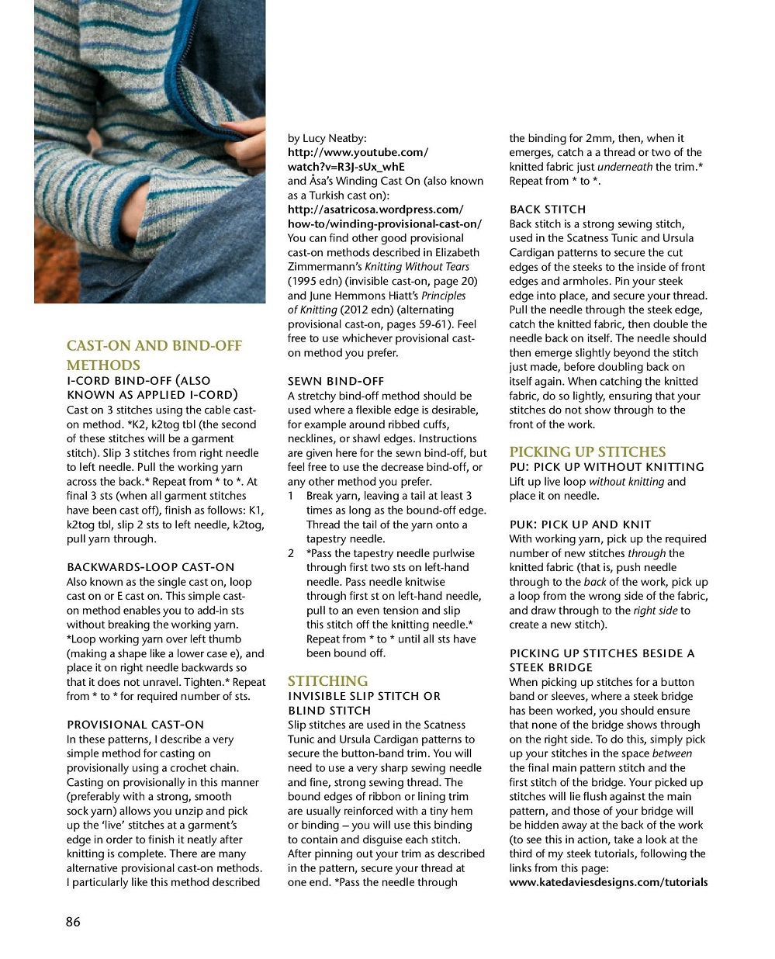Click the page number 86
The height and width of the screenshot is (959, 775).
coord(73,922)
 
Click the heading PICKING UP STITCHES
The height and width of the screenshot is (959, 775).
coord(587,452)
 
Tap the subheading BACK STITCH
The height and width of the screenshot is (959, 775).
coord(547,209)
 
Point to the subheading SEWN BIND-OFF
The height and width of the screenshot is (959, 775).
coord(335,381)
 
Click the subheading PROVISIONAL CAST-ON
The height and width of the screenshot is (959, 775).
coord(135,725)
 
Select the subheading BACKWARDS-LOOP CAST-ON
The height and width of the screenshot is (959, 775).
coord(150,567)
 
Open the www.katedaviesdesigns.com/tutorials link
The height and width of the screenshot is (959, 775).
coord(608,882)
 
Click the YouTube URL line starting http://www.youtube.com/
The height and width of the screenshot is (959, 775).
coord(358,153)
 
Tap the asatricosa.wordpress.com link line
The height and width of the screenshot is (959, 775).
coord(375,209)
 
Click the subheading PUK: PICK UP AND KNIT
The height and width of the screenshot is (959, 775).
coord(580,525)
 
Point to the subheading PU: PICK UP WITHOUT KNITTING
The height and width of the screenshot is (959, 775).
coord(606,467)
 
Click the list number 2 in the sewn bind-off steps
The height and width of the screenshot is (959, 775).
coord(291,553)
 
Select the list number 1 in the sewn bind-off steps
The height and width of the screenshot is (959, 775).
coord(291,496)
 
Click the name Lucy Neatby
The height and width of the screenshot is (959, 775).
coord(334,138)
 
